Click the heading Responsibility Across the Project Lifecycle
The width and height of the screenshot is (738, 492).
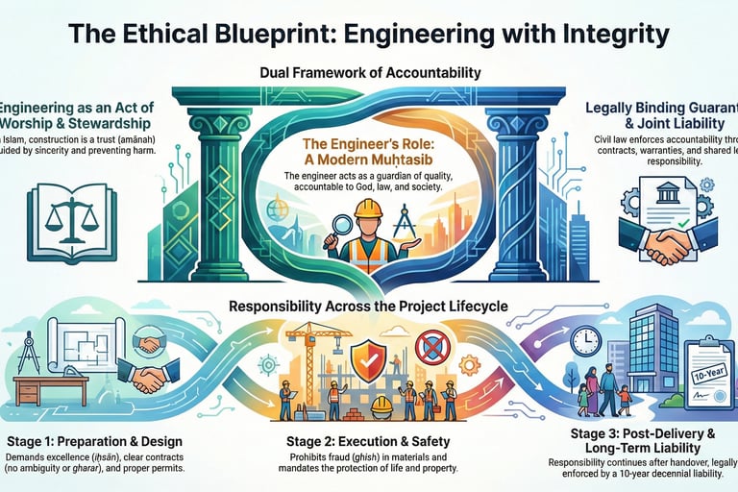pyautogui.click(x=369, y=307)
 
